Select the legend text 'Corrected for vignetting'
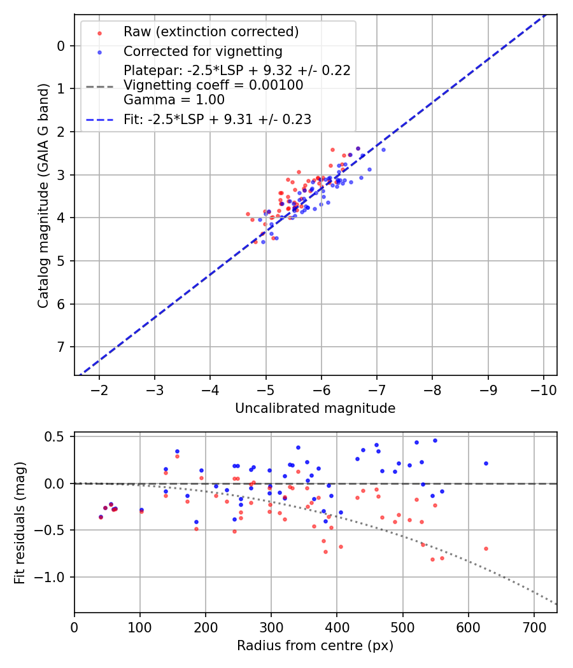tap(202, 51)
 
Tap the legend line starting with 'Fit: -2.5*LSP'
tap(217, 119)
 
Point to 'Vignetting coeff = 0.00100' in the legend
tap(213, 85)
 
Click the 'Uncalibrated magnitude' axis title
tap(315, 408)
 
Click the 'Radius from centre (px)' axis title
tap(315, 646)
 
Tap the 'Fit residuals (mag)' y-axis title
tap(20, 522)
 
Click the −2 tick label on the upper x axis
tap(99, 389)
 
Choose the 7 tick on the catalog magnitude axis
tap(60, 347)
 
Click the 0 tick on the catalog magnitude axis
tap(60, 46)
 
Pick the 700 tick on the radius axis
tap(534, 627)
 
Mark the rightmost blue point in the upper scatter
tap(383, 150)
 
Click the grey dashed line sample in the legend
tap(100, 86)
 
